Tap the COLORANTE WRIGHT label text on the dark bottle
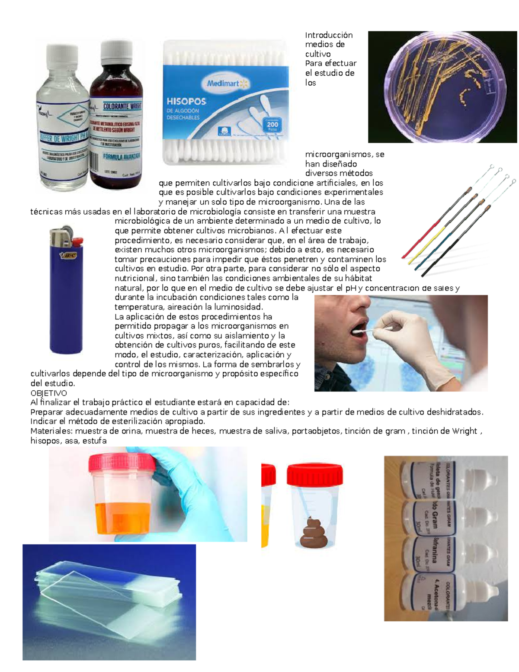coord(122,106)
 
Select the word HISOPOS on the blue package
coord(186,102)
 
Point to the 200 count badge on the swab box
coord(272,125)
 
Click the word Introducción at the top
coord(329,35)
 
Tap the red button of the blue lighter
coord(77,241)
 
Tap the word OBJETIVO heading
coord(48,393)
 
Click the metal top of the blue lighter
coord(59,236)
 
